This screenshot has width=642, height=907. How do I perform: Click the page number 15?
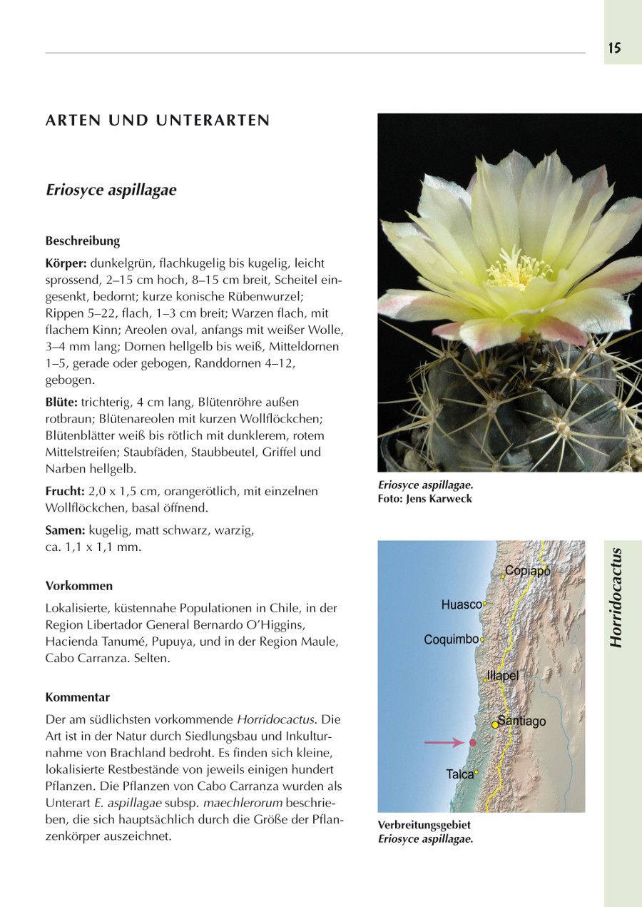click(x=614, y=49)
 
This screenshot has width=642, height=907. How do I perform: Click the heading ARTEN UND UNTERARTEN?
click(x=158, y=121)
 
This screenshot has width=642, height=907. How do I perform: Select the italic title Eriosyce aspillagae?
click(x=111, y=191)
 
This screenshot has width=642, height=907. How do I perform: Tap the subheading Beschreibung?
click(x=83, y=240)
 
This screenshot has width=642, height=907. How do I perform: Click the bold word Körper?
click(x=66, y=263)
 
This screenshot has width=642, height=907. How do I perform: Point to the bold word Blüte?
click(x=61, y=402)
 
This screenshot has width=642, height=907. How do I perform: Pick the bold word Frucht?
click(x=65, y=491)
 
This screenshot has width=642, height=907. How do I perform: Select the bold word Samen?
click(x=66, y=530)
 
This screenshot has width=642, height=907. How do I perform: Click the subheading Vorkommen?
click(x=79, y=586)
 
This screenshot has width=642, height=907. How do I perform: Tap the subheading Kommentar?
click(x=78, y=697)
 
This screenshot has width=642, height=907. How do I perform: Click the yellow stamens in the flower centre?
click(x=519, y=270)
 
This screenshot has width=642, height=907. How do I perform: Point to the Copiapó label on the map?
click(x=527, y=571)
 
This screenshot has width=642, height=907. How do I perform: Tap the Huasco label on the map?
click(x=462, y=604)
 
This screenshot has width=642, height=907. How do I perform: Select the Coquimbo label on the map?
click(x=451, y=639)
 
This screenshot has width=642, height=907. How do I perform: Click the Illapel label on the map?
click(x=502, y=676)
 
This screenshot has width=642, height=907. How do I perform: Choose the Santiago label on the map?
click(x=521, y=721)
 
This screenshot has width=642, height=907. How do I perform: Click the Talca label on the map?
click(x=460, y=774)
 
